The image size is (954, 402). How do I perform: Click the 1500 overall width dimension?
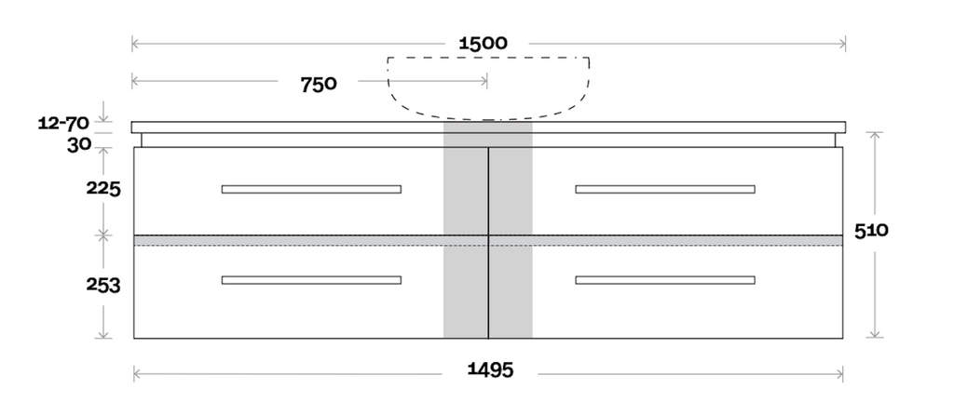pyautogui.click(x=483, y=43)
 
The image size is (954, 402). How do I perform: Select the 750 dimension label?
pyautogui.click(x=319, y=85)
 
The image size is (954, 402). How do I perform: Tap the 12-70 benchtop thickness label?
pyautogui.click(x=63, y=124)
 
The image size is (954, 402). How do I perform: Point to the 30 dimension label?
pyautogui.click(x=79, y=146)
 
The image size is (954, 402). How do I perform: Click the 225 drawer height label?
pyautogui.click(x=103, y=189)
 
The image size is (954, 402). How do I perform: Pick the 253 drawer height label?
pyautogui.click(x=103, y=286)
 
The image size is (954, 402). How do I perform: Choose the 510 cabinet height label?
pyautogui.click(x=871, y=231)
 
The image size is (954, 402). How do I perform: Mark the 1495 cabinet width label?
pyautogui.click(x=490, y=369)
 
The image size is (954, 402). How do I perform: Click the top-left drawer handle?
pyautogui.click(x=311, y=190)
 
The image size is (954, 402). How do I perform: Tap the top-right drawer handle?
pyautogui.click(x=665, y=190)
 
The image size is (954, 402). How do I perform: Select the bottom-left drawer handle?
pyautogui.click(x=311, y=280)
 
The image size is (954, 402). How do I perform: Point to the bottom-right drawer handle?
pyautogui.click(x=665, y=280)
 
